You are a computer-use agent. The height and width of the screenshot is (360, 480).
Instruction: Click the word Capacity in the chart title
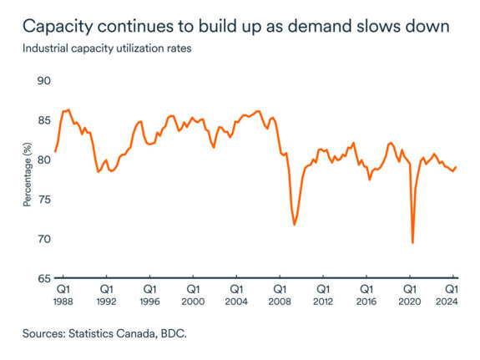click(x=62, y=27)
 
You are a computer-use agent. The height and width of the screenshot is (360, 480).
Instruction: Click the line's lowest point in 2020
click(x=412, y=242)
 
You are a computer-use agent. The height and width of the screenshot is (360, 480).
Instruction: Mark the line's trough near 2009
click(x=295, y=225)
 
